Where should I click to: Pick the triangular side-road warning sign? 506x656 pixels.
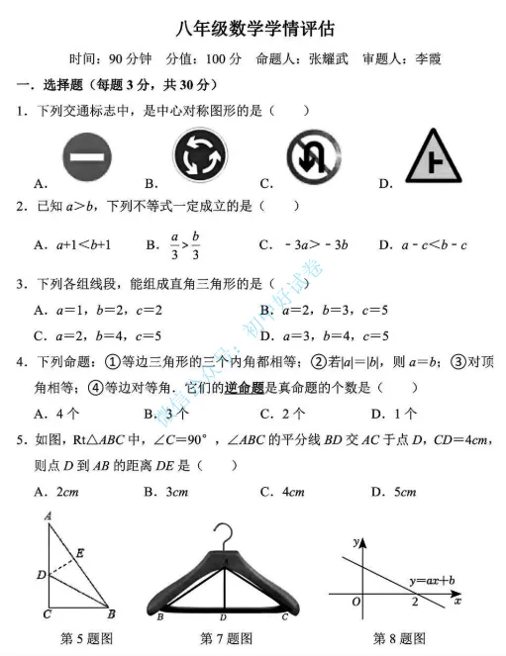(436, 156)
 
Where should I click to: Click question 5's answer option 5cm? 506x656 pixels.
(402, 491)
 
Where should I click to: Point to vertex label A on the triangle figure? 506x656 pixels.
(48, 515)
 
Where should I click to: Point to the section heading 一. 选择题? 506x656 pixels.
(44, 85)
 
